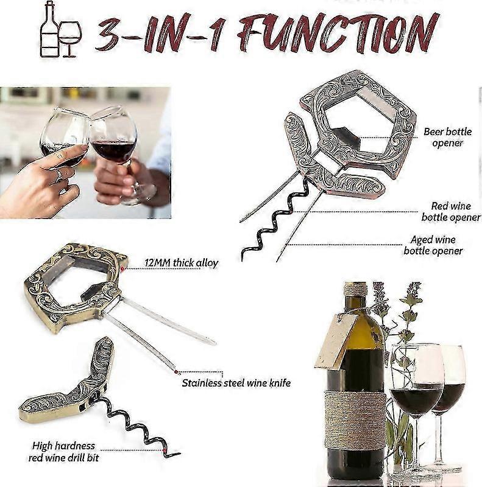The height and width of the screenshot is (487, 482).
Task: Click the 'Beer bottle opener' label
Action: point(447,137)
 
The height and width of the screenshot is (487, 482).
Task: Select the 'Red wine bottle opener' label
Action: point(451,211)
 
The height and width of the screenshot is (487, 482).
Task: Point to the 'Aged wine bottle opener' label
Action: point(433,245)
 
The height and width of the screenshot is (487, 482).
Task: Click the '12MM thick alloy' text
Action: point(182,263)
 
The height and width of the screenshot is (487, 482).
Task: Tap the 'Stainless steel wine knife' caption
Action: point(236,383)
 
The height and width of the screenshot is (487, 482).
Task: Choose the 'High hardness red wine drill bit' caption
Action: point(63,452)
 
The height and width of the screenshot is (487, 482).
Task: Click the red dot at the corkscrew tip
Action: point(165,450)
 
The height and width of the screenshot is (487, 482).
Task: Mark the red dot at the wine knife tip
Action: point(176,372)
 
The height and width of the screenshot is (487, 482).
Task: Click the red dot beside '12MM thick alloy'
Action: point(123,268)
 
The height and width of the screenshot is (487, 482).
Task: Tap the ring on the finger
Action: point(59,176)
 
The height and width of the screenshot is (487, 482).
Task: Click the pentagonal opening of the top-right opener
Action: point(358,124)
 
